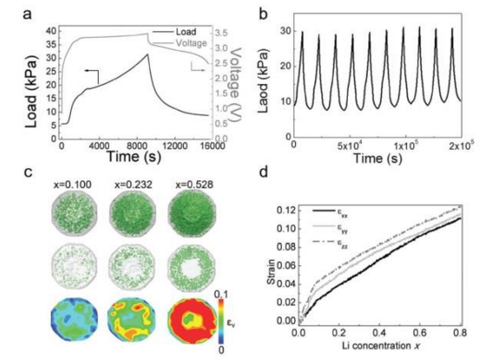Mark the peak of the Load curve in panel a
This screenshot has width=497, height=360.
click(x=146, y=54)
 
